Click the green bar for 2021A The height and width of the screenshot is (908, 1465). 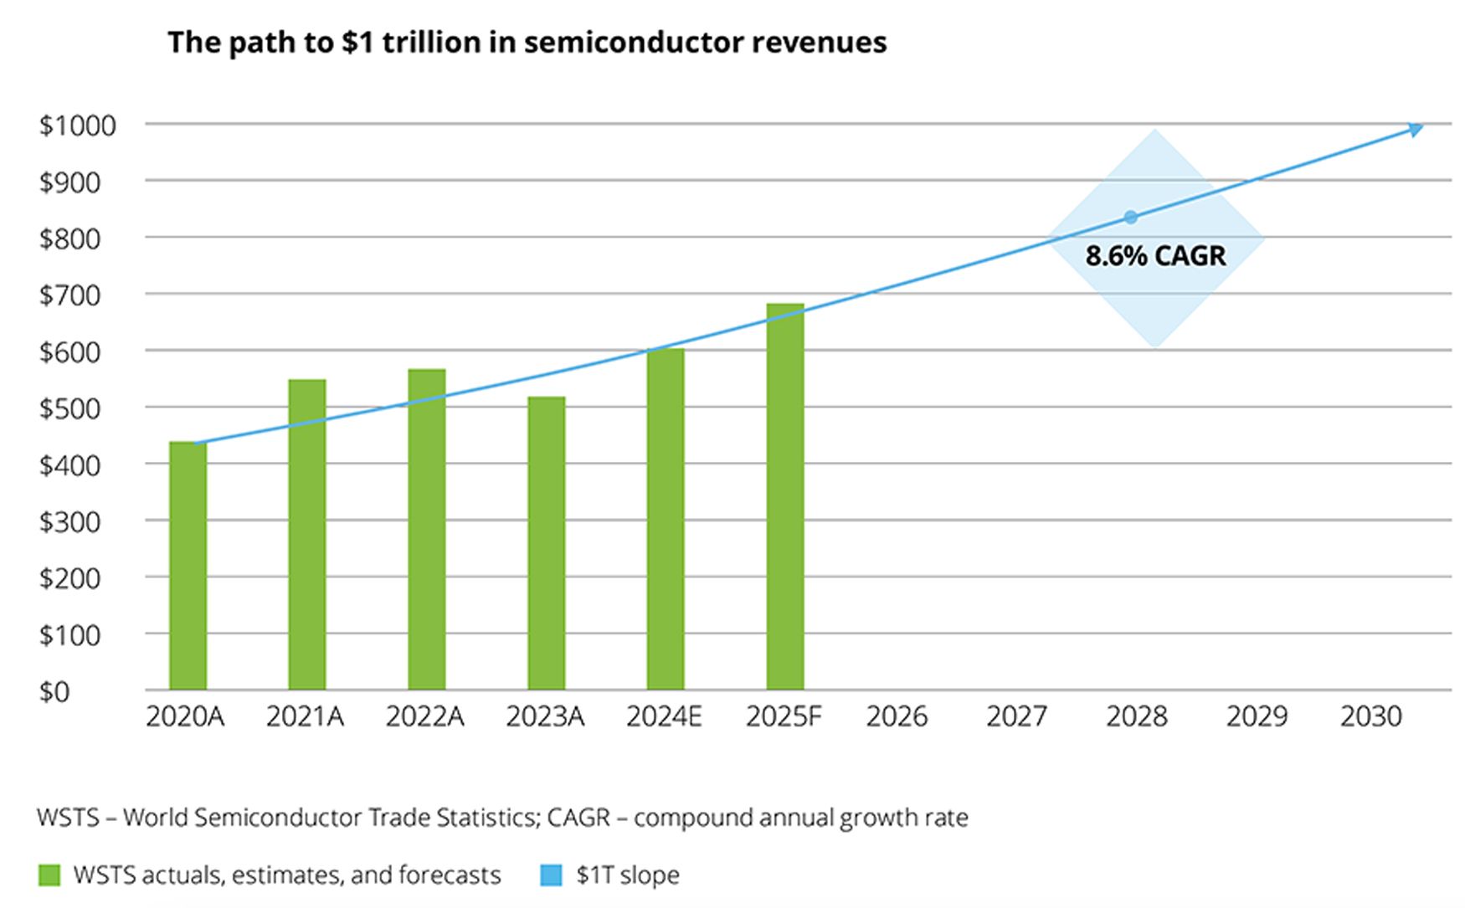click(306, 535)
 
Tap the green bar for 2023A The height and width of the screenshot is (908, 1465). click(546, 543)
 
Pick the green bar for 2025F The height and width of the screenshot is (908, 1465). click(785, 497)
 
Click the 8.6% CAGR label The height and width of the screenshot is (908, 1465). click(1155, 256)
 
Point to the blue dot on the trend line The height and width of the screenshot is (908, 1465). click(1131, 218)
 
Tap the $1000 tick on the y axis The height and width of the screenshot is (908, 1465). click(77, 126)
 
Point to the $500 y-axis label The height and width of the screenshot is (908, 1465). click(69, 408)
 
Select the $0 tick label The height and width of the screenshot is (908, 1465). click(54, 692)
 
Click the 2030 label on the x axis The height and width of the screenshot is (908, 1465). click(1370, 717)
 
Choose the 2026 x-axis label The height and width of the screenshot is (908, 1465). click(897, 717)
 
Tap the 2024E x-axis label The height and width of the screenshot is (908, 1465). click(664, 717)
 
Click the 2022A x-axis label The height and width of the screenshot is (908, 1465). click(424, 717)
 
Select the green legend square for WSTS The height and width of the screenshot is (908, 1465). click(50, 875)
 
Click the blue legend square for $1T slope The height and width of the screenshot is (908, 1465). click(552, 875)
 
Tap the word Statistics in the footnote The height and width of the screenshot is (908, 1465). click(486, 818)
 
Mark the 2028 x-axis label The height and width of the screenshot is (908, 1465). click(1136, 717)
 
